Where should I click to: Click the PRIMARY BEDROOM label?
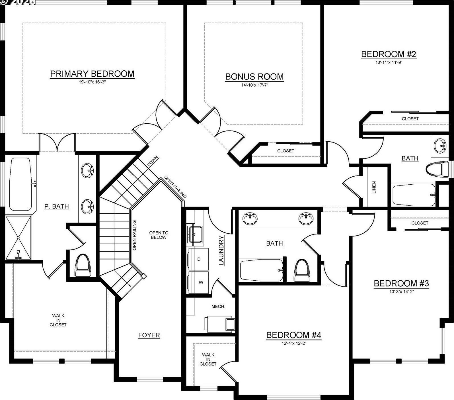(92, 74)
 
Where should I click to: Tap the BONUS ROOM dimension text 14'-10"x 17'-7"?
(254, 85)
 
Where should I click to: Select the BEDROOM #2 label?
(389, 54)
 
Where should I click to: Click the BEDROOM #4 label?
(293, 335)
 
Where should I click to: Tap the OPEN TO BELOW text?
(159, 235)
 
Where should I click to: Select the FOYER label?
(149, 335)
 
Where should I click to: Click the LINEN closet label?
(374, 187)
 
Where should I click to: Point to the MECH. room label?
(218, 307)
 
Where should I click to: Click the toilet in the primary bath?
(83, 265)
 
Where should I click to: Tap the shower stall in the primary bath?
(19, 238)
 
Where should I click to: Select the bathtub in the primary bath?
(20, 184)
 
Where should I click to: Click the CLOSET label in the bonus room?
(285, 151)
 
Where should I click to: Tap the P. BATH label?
(57, 206)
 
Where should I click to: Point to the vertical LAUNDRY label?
(221, 250)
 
